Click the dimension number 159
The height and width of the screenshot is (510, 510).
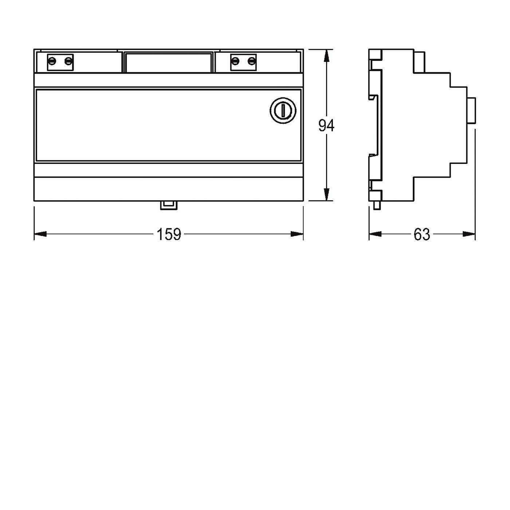point(169,234)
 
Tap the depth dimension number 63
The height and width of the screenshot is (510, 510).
point(422,234)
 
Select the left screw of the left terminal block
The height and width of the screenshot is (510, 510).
point(53,62)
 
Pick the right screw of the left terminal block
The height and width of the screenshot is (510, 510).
point(68,62)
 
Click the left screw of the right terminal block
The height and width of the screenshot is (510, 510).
point(235,62)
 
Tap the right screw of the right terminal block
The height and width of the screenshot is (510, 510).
point(251,62)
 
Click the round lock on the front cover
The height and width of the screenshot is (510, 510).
point(283,111)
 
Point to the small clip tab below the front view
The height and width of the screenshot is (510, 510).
point(169,205)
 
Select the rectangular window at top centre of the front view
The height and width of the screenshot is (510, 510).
point(169,62)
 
